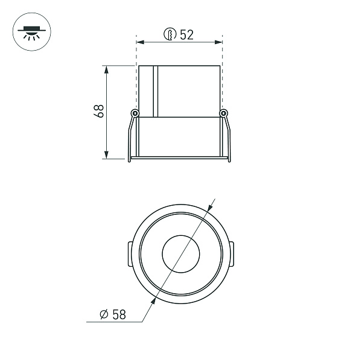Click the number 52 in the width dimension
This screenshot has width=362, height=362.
click(186, 35)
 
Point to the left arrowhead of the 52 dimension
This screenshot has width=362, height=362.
click(141, 42)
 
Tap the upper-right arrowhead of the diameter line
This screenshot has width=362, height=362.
click(212, 208)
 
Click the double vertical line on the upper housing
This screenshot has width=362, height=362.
click(155, 91)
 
